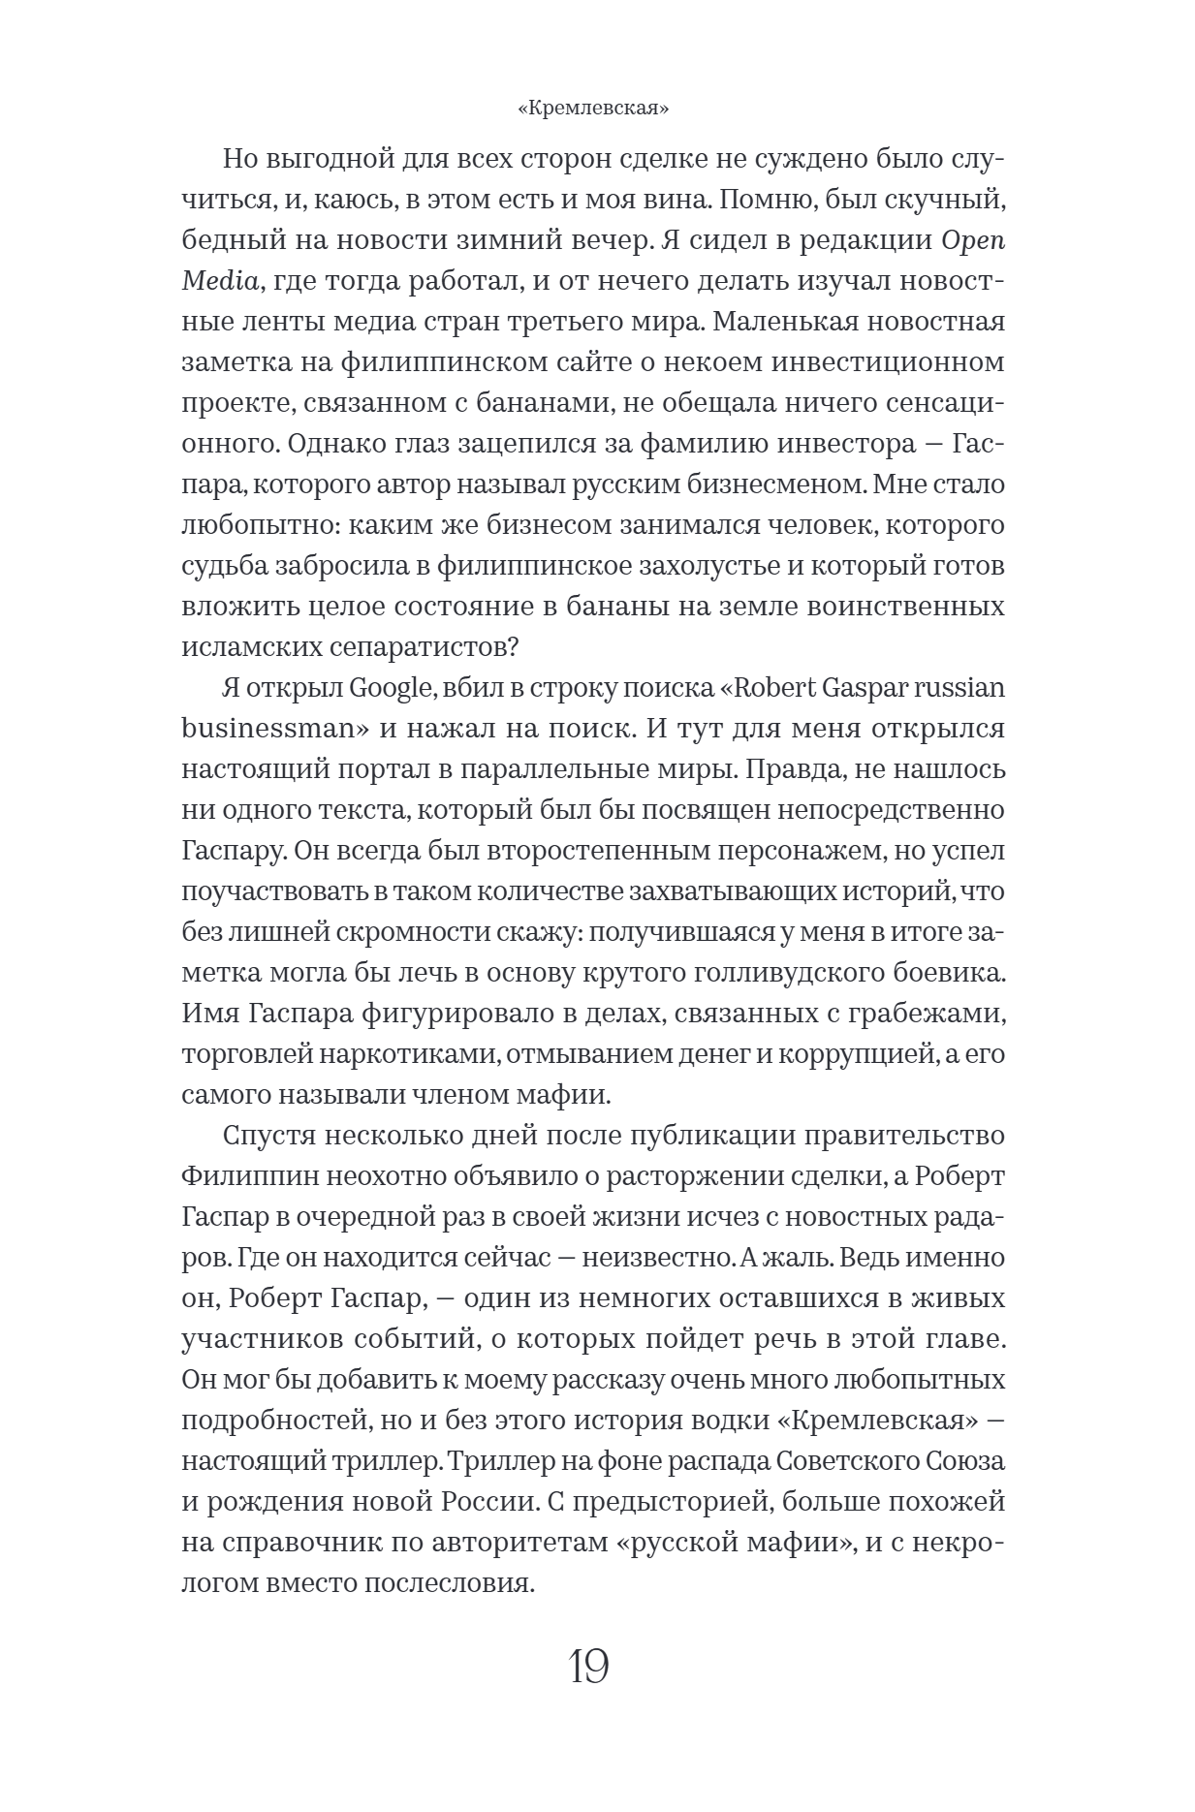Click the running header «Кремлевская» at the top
click(594, 109)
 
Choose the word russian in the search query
click(955, 687)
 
